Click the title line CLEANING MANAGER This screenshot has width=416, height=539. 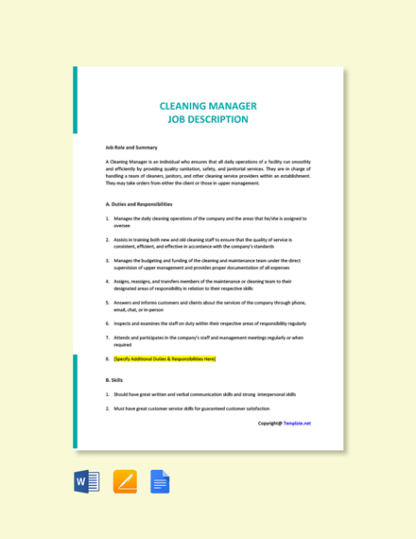[207, 107]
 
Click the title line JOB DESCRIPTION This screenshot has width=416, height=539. [207, 120]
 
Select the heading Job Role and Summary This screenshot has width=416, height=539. [132, 148]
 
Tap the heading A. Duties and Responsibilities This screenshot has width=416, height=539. [140, 204]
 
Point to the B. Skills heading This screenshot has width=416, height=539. [115, 380]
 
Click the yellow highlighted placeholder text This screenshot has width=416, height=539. [165, 359]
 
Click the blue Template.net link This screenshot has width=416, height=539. [297, 424]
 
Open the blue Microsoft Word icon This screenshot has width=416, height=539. [87, 482]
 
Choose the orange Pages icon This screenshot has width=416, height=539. [125, 482]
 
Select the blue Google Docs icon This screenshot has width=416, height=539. [160, 482]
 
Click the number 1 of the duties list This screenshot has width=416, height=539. [108, 218]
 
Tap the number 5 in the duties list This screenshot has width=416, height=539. [108, 303]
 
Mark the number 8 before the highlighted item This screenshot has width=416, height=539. [108, 359]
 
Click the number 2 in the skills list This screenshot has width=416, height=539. [108, 409]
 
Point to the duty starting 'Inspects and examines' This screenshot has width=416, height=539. [209, 323]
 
